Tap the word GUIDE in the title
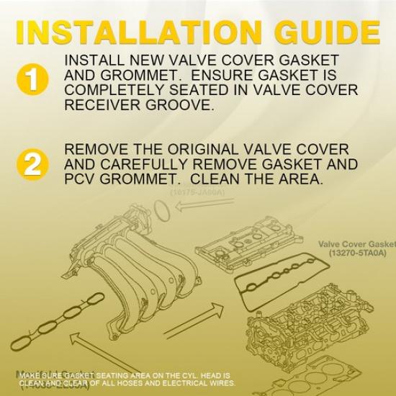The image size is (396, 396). (x=316, y=32)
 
